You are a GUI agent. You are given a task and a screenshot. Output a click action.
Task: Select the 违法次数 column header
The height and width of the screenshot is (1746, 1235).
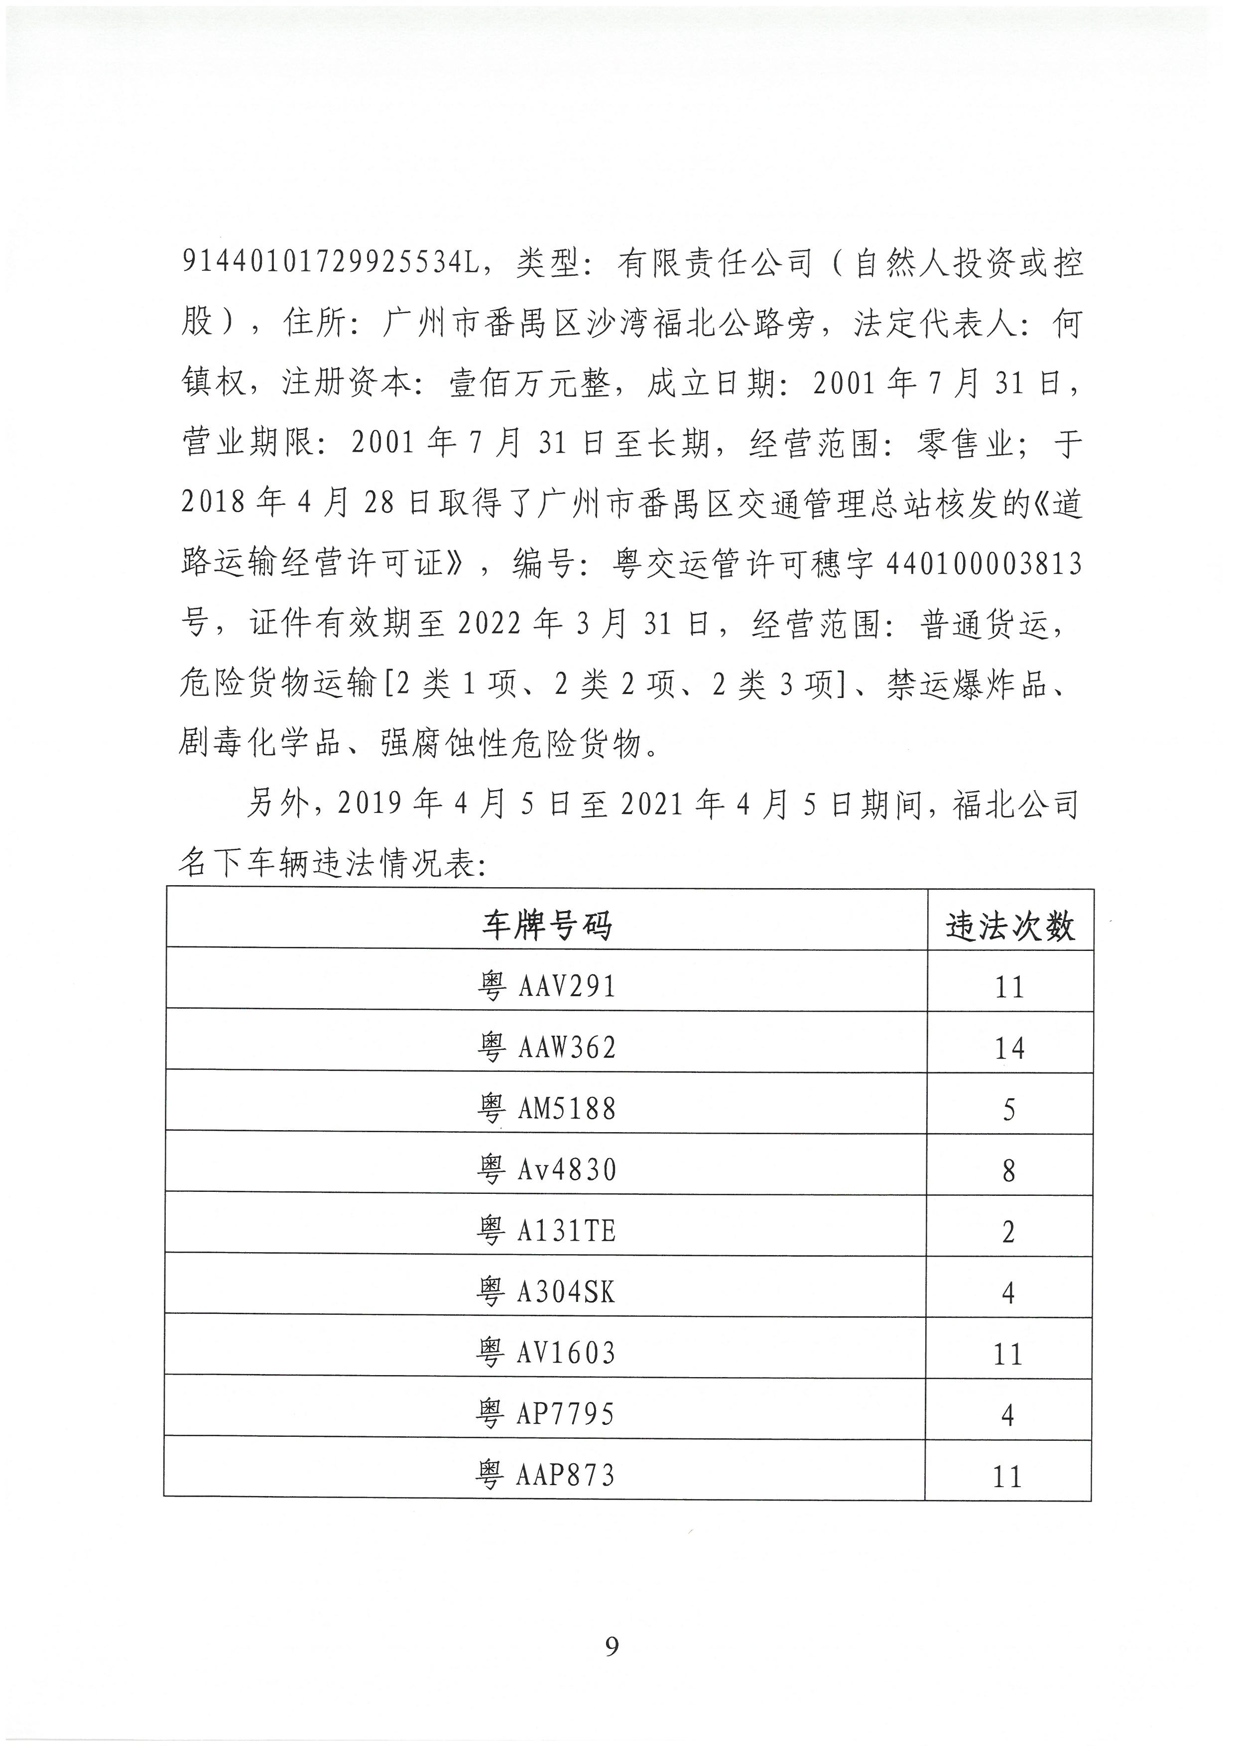tap(1010, 926)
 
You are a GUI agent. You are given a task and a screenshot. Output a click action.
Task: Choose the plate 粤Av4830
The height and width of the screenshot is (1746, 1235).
tap(546, 1169)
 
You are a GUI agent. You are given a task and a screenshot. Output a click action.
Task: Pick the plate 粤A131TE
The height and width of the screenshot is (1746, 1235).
tap(546, 1230)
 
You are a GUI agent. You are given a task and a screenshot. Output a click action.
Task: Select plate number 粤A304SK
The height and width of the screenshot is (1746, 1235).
tap(546, 1291)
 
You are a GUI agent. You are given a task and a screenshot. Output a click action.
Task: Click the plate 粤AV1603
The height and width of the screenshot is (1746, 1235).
tap(546, 1352)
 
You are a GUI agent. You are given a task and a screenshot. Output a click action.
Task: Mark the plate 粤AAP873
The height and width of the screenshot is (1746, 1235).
tap(546, 1475)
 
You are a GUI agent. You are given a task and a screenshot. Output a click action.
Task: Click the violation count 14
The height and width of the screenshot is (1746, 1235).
tap(1009, 1048)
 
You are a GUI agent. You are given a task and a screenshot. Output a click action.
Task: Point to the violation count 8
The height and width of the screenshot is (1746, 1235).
tap(1009, 1170)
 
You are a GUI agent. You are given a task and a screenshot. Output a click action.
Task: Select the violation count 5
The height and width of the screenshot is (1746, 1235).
tap(1009, 1110)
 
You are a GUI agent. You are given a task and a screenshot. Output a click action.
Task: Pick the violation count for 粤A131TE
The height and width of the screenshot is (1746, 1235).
tap(1009, 1231)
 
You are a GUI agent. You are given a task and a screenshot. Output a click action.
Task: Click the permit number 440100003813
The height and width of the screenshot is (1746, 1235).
tap(984, 564)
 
